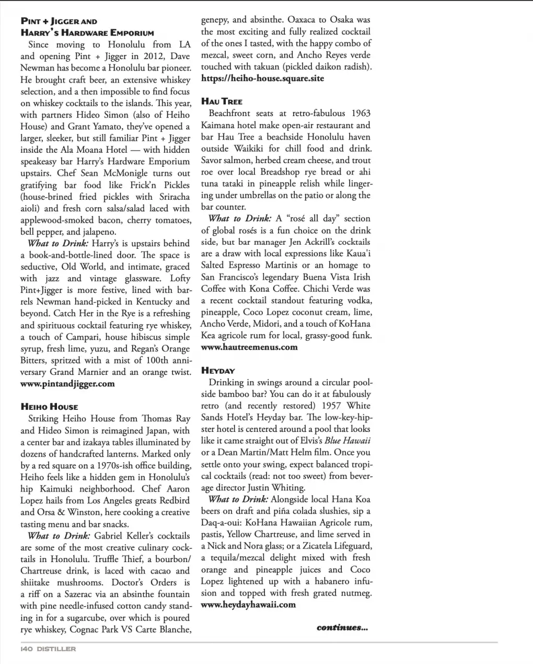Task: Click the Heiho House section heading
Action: [49, 407]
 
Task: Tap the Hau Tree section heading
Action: [222, 101]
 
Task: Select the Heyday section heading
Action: [218, 371]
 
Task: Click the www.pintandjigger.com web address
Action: [67, 384]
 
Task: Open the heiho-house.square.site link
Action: [262, 78]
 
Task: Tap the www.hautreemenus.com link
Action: [249, 347]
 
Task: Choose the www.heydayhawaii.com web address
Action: [248, 605]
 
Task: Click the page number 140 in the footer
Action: [27, 649]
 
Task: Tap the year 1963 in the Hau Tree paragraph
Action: [361, 113]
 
